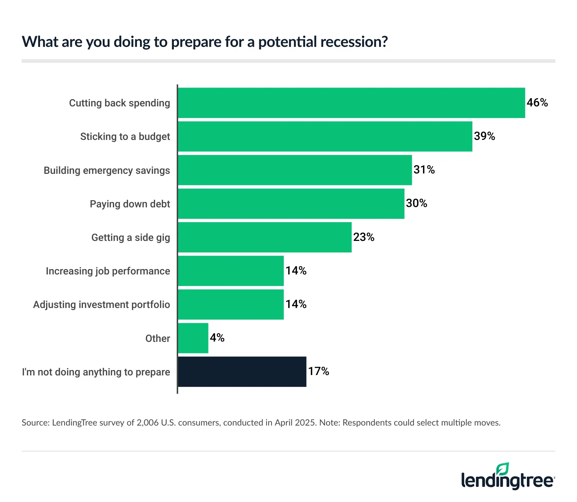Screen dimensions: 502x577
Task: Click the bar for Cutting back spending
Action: coord(352,103)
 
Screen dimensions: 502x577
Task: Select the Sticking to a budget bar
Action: coord(325,136)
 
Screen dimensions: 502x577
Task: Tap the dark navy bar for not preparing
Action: coord(242,372)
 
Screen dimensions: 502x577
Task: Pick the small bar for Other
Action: coord(193,338)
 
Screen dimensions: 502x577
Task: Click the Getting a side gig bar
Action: coord(265,237)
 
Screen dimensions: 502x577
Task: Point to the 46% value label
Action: coord(537,103)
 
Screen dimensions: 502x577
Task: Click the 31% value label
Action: coord(424,170)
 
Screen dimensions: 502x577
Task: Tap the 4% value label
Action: coord(217,338)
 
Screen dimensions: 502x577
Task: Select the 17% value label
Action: coord(318,371)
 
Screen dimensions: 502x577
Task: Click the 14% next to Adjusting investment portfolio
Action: coord(296,304)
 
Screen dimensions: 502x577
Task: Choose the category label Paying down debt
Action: coord(130,204)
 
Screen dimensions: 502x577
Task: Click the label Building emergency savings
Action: coord(107,171)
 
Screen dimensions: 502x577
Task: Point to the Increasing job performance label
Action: coord(108,271)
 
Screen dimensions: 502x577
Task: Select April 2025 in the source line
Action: coord(295,423)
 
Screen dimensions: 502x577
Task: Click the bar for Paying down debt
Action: coord(291,204)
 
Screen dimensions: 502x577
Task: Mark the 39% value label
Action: coord(484,136)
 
